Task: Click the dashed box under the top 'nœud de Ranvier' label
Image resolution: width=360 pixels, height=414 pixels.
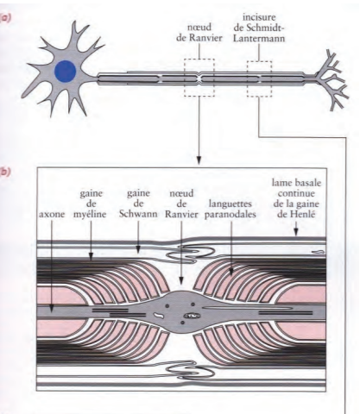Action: [200, 78]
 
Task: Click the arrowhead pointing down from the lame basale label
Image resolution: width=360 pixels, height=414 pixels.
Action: [295, 234]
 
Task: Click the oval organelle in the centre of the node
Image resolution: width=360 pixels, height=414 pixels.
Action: [192, 317]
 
